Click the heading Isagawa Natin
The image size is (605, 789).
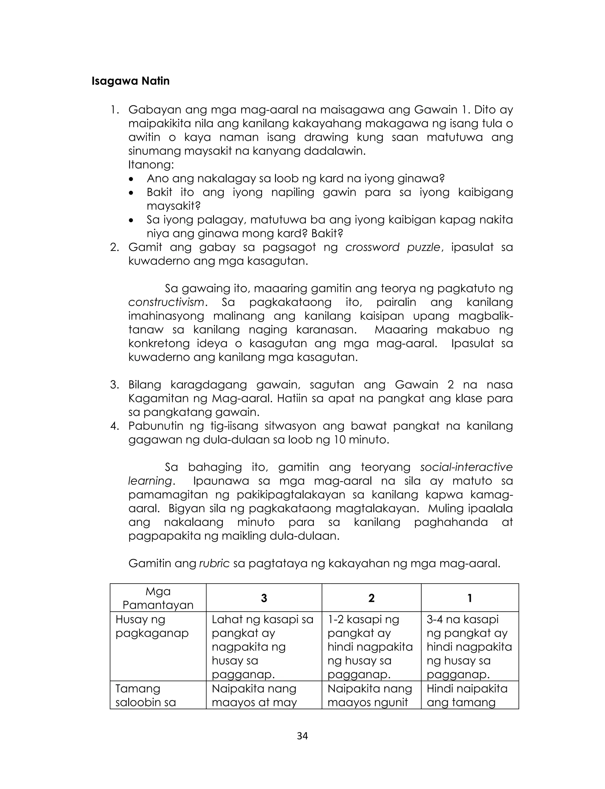(x=130, y=81)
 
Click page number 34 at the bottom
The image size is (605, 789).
(x=302, y=736)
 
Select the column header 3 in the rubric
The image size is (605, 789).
(x=264, y=598)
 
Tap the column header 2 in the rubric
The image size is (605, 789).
(x=371, y=598)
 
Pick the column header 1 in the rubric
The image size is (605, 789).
(x=470, y=598)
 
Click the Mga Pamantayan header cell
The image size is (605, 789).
(x=158, y=598)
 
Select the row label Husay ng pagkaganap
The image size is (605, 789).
(x=152, y=626)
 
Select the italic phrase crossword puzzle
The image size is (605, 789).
(x=393, y=247)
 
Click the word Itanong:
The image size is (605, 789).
(x=151, y=165)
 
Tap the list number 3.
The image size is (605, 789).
(x=115, y=385)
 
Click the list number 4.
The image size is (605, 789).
(x=115, y=426)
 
